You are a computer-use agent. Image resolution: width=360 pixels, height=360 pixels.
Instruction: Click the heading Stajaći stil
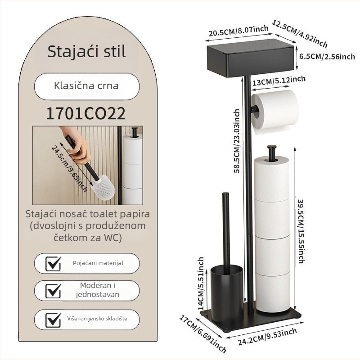pos(86,52)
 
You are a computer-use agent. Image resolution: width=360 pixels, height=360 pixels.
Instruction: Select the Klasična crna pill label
pos(86,86)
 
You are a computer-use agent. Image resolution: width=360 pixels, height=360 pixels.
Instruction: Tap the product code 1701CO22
pos(86,113)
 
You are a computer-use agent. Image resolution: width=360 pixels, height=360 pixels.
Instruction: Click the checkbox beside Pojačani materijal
pos(53,264)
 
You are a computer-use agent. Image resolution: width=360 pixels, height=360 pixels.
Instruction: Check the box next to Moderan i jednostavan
pos(53,291)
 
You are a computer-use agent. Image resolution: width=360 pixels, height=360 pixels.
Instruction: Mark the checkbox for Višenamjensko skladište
pos(53,319)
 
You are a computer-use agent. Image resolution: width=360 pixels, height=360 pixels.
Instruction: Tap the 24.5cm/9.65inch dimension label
pos(69,168)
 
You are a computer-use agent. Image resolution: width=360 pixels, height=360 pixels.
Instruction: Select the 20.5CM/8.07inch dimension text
pos(238,31)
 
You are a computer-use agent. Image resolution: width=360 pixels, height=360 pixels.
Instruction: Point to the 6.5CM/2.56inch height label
pos(327,56)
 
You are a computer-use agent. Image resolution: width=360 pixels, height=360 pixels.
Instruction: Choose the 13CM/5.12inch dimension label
pos(279,81)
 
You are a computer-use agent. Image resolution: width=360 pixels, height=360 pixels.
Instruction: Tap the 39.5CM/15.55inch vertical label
pos(301,231)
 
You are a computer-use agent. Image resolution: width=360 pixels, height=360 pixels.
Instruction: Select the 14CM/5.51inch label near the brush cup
pos(201,283)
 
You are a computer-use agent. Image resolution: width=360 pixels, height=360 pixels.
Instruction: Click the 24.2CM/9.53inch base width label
pos(267,337)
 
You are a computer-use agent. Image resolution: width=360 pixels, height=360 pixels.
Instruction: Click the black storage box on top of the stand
pos(250,58)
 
